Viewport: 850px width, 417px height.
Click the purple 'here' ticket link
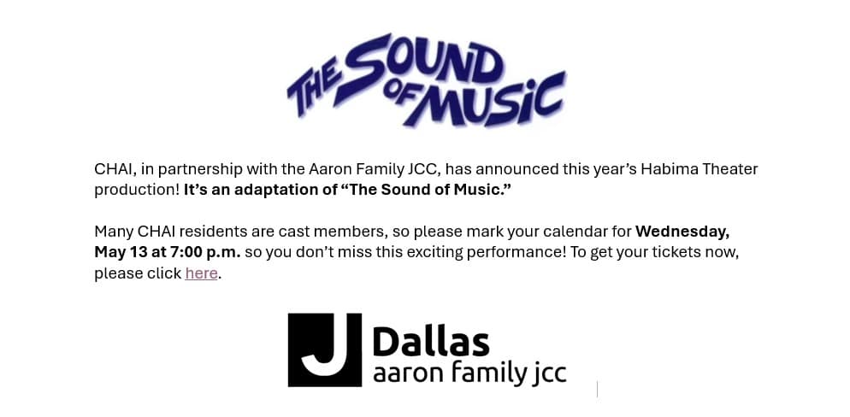point(201,273)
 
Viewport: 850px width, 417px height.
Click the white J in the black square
point(325,349)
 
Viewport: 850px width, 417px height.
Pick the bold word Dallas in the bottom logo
point(431,342)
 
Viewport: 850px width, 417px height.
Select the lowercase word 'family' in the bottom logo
point(477,374)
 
